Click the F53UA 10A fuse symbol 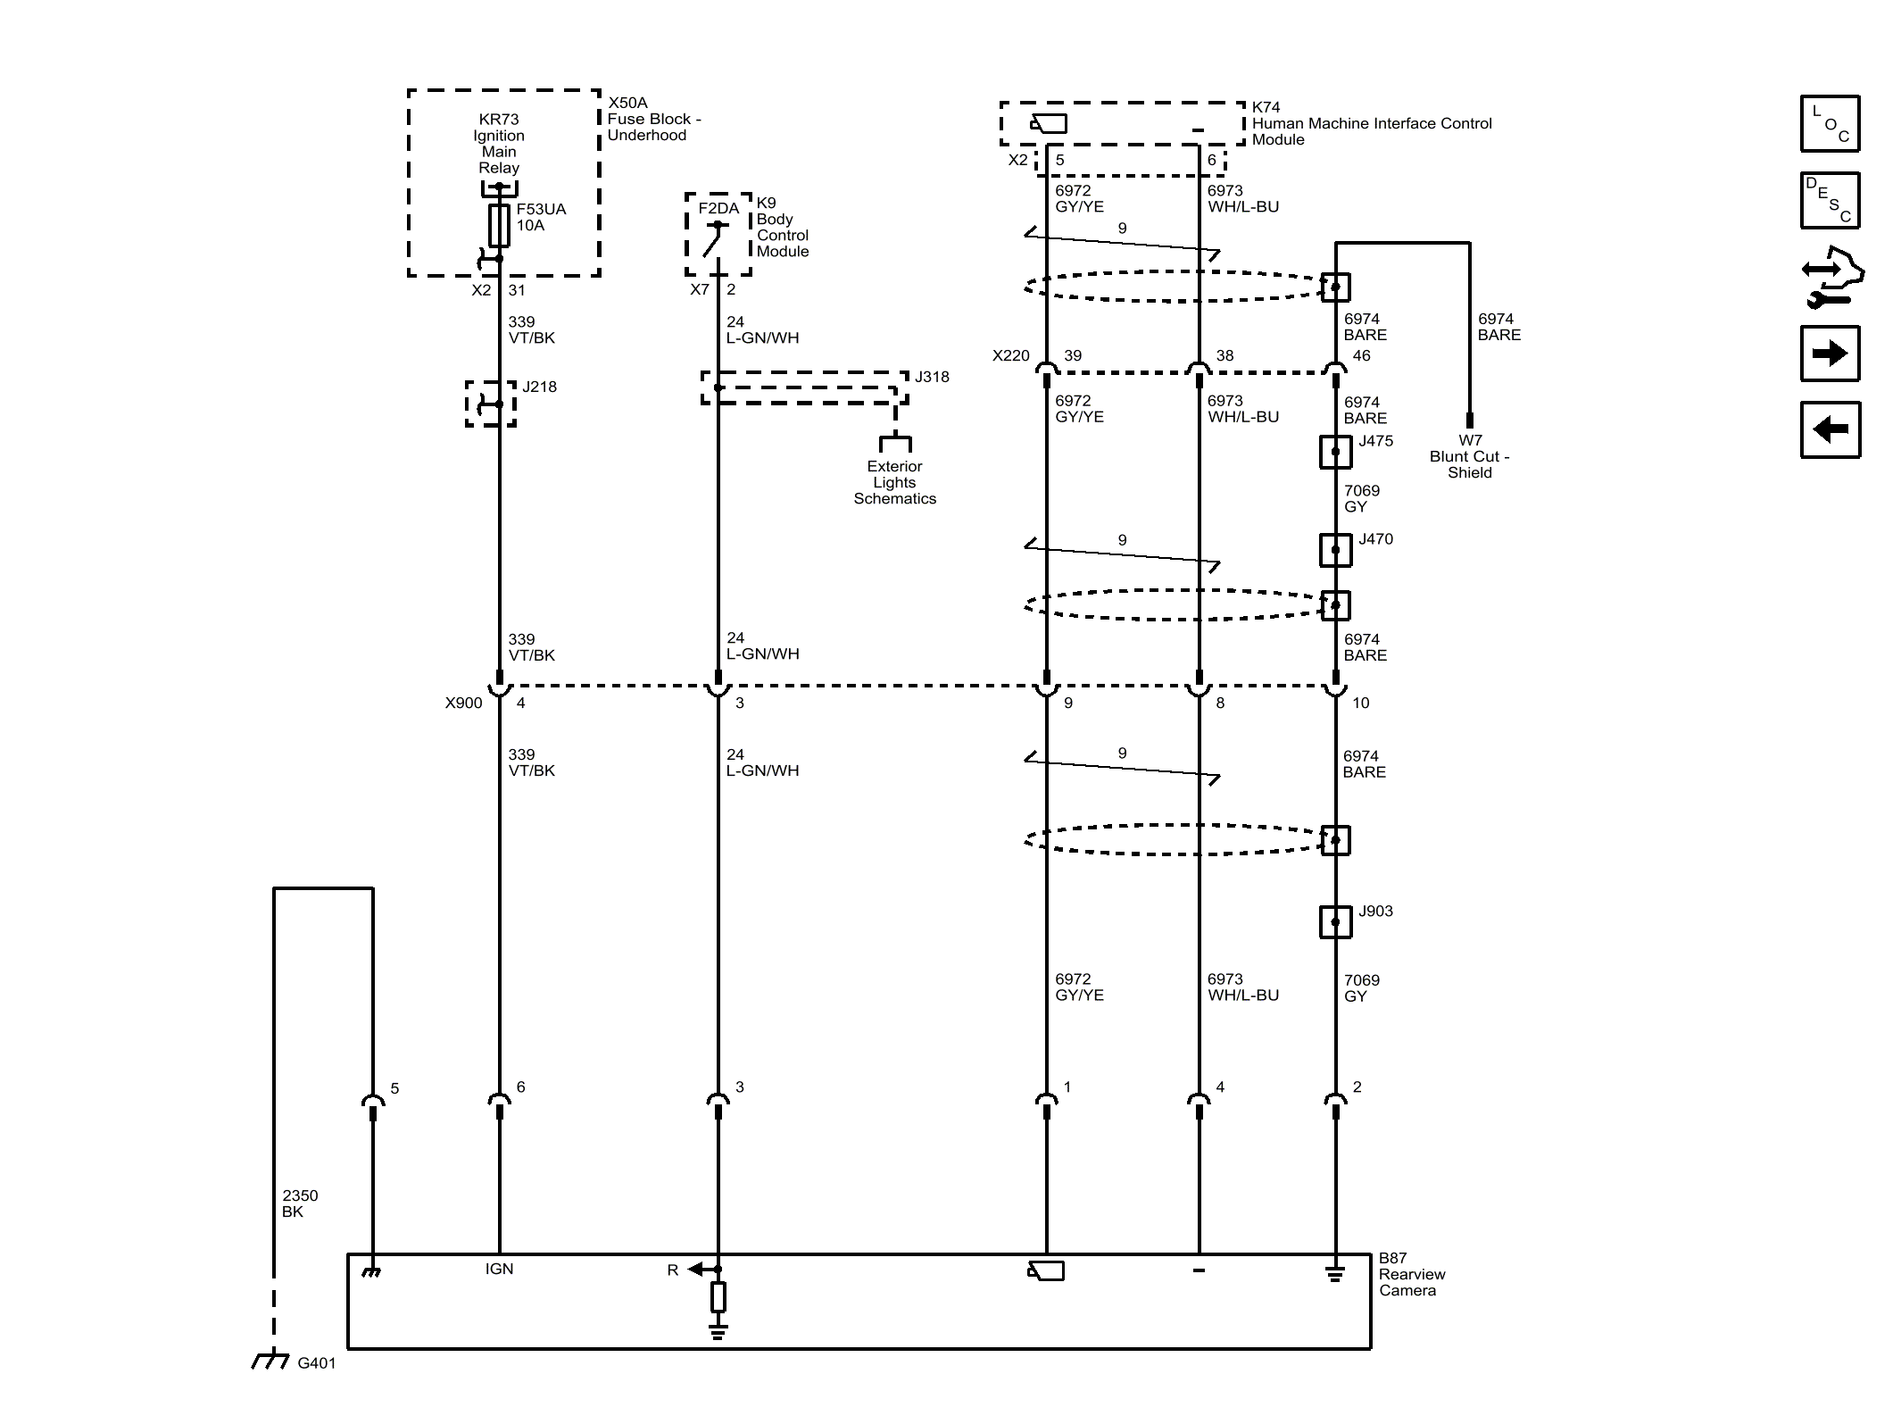pyautogui.click(x=499, y=225)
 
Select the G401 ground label pyautogui.click(x=316, y=1363)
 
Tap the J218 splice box pyautogui.click(x=491, y=404)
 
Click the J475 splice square pyautogui.click(x=1335, y=452)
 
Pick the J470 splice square pyautogui.click(x=1335, y=550)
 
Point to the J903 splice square pyautogui.click(x=1335, y=921)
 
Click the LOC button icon pyautogui.click(x=1830, y=124)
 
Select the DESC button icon pyautogui.click(x=1830, y=200)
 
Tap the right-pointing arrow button pyautogui.click(x=1830, y=354)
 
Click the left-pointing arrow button pyautogui.click(x=1830, y=429)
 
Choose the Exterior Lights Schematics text pyautogui.click(x=894, y=482)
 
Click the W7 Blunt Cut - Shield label pyautogui.click(x=1469, y=456)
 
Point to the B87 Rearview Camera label pyautogui.click(x=1411, y=1274)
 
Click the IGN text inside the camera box pyautogui.click(x=499, y=1269)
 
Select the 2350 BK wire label pyautogui.click(x=300, y=1203)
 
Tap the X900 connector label pyautogui.click(x=463, y=703)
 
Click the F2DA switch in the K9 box pyautogui.click(x=716, y=239)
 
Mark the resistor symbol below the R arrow pyautogui.click(x=718, y=1296)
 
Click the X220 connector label pyautogui.click(x=1010, y=355)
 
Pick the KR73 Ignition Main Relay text pyautogui.click(x=499, y=143)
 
